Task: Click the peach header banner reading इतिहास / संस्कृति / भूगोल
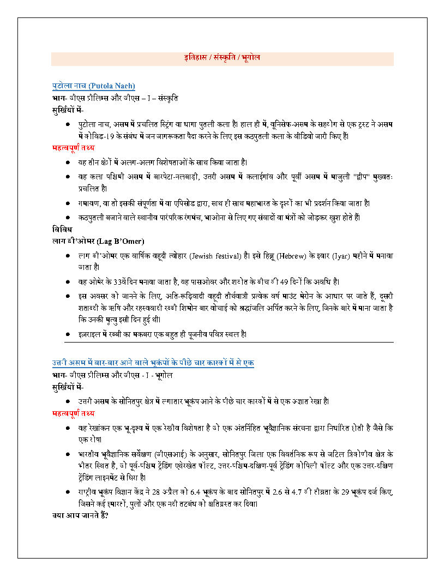click(222, 58)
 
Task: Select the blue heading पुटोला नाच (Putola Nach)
click(94, 86)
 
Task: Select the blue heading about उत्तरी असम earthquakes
click(153, 363)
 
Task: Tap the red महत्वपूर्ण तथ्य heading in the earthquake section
click(73, 413)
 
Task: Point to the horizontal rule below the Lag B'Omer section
click(228, 342)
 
